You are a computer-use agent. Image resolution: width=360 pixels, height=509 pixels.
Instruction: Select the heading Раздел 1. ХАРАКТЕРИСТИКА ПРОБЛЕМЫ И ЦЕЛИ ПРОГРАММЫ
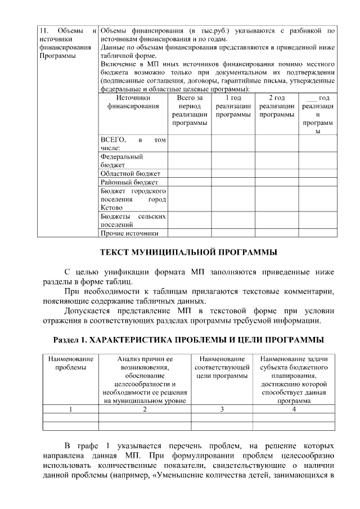(188, 340)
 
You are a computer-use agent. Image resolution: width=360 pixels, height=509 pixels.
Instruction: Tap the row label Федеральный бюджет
(121, 161)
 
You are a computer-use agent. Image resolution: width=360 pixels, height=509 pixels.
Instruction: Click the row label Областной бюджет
(130, 174)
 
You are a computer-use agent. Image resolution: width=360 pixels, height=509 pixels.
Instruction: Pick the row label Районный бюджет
(129, 182)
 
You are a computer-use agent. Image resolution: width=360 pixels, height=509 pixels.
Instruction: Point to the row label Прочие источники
(129, 233)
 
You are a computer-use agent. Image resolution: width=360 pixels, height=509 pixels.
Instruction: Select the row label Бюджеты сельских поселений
(133, 220)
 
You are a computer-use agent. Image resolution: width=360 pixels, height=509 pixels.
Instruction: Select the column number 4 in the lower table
(294, 409)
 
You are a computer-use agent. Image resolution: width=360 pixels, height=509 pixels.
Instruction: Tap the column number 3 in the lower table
(222, 409)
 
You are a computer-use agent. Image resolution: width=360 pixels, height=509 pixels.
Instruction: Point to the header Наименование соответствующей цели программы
(222, 367)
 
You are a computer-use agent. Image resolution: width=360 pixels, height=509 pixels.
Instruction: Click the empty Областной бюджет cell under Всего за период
(189, 174)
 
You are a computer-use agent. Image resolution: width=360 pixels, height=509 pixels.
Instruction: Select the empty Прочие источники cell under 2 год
(276, 233)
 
